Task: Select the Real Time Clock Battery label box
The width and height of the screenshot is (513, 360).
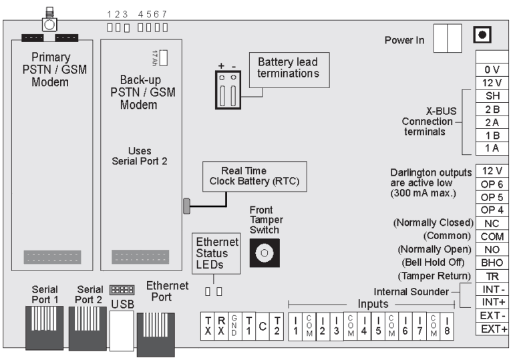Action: [x=254, y=176]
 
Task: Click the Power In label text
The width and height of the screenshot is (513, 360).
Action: [x=404, y=40]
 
